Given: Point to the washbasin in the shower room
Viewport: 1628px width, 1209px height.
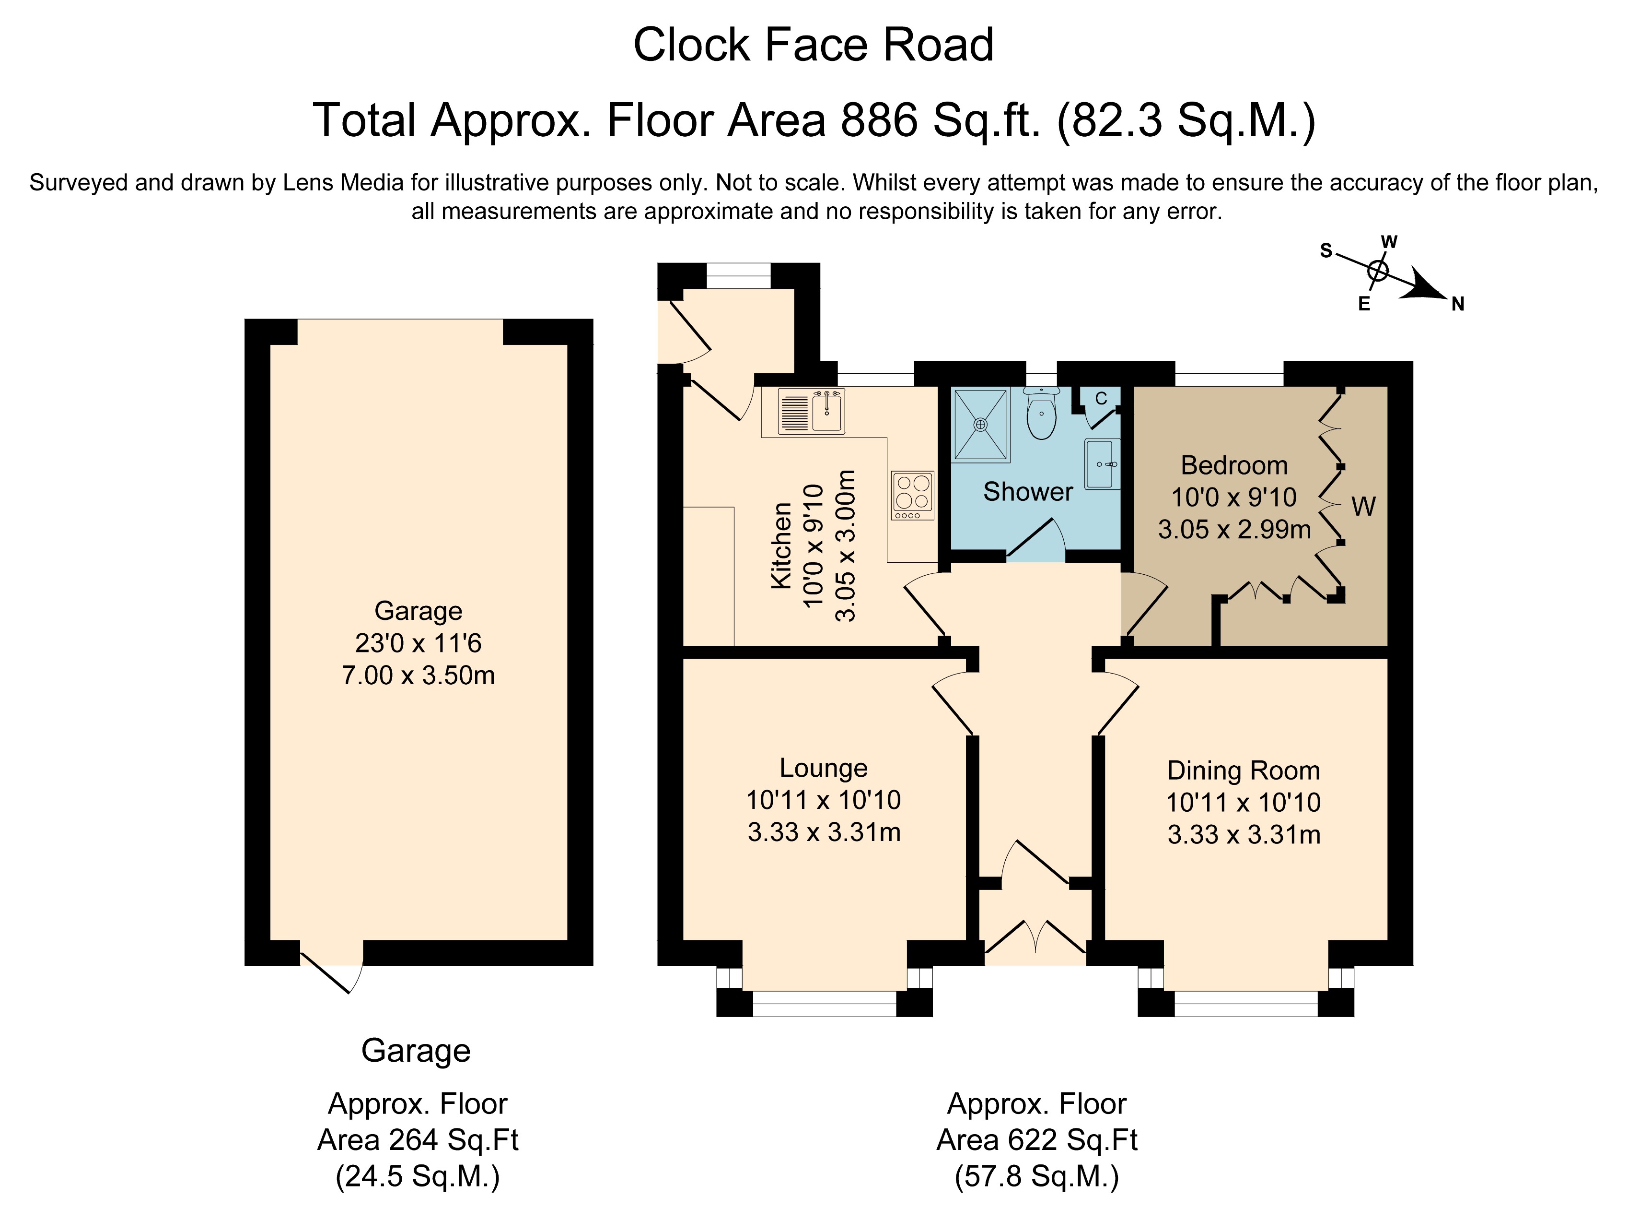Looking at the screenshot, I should (1102, 464).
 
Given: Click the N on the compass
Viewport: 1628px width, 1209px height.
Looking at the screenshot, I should (1458, 305).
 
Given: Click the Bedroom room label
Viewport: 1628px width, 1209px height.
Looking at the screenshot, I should (1234, 465).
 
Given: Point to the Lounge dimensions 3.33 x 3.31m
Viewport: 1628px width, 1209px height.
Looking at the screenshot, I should (824, 832).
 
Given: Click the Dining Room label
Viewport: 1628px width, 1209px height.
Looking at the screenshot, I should (1244, 770).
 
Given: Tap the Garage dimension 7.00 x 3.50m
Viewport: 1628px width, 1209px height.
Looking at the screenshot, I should (419, 675).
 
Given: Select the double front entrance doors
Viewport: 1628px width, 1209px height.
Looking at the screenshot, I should (1035, 941).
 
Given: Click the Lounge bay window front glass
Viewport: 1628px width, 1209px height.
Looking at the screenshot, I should (824, 1004).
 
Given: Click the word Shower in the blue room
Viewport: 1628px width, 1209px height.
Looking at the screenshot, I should (1027, 492).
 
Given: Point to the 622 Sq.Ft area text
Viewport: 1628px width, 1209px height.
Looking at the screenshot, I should (1036, 1139).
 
